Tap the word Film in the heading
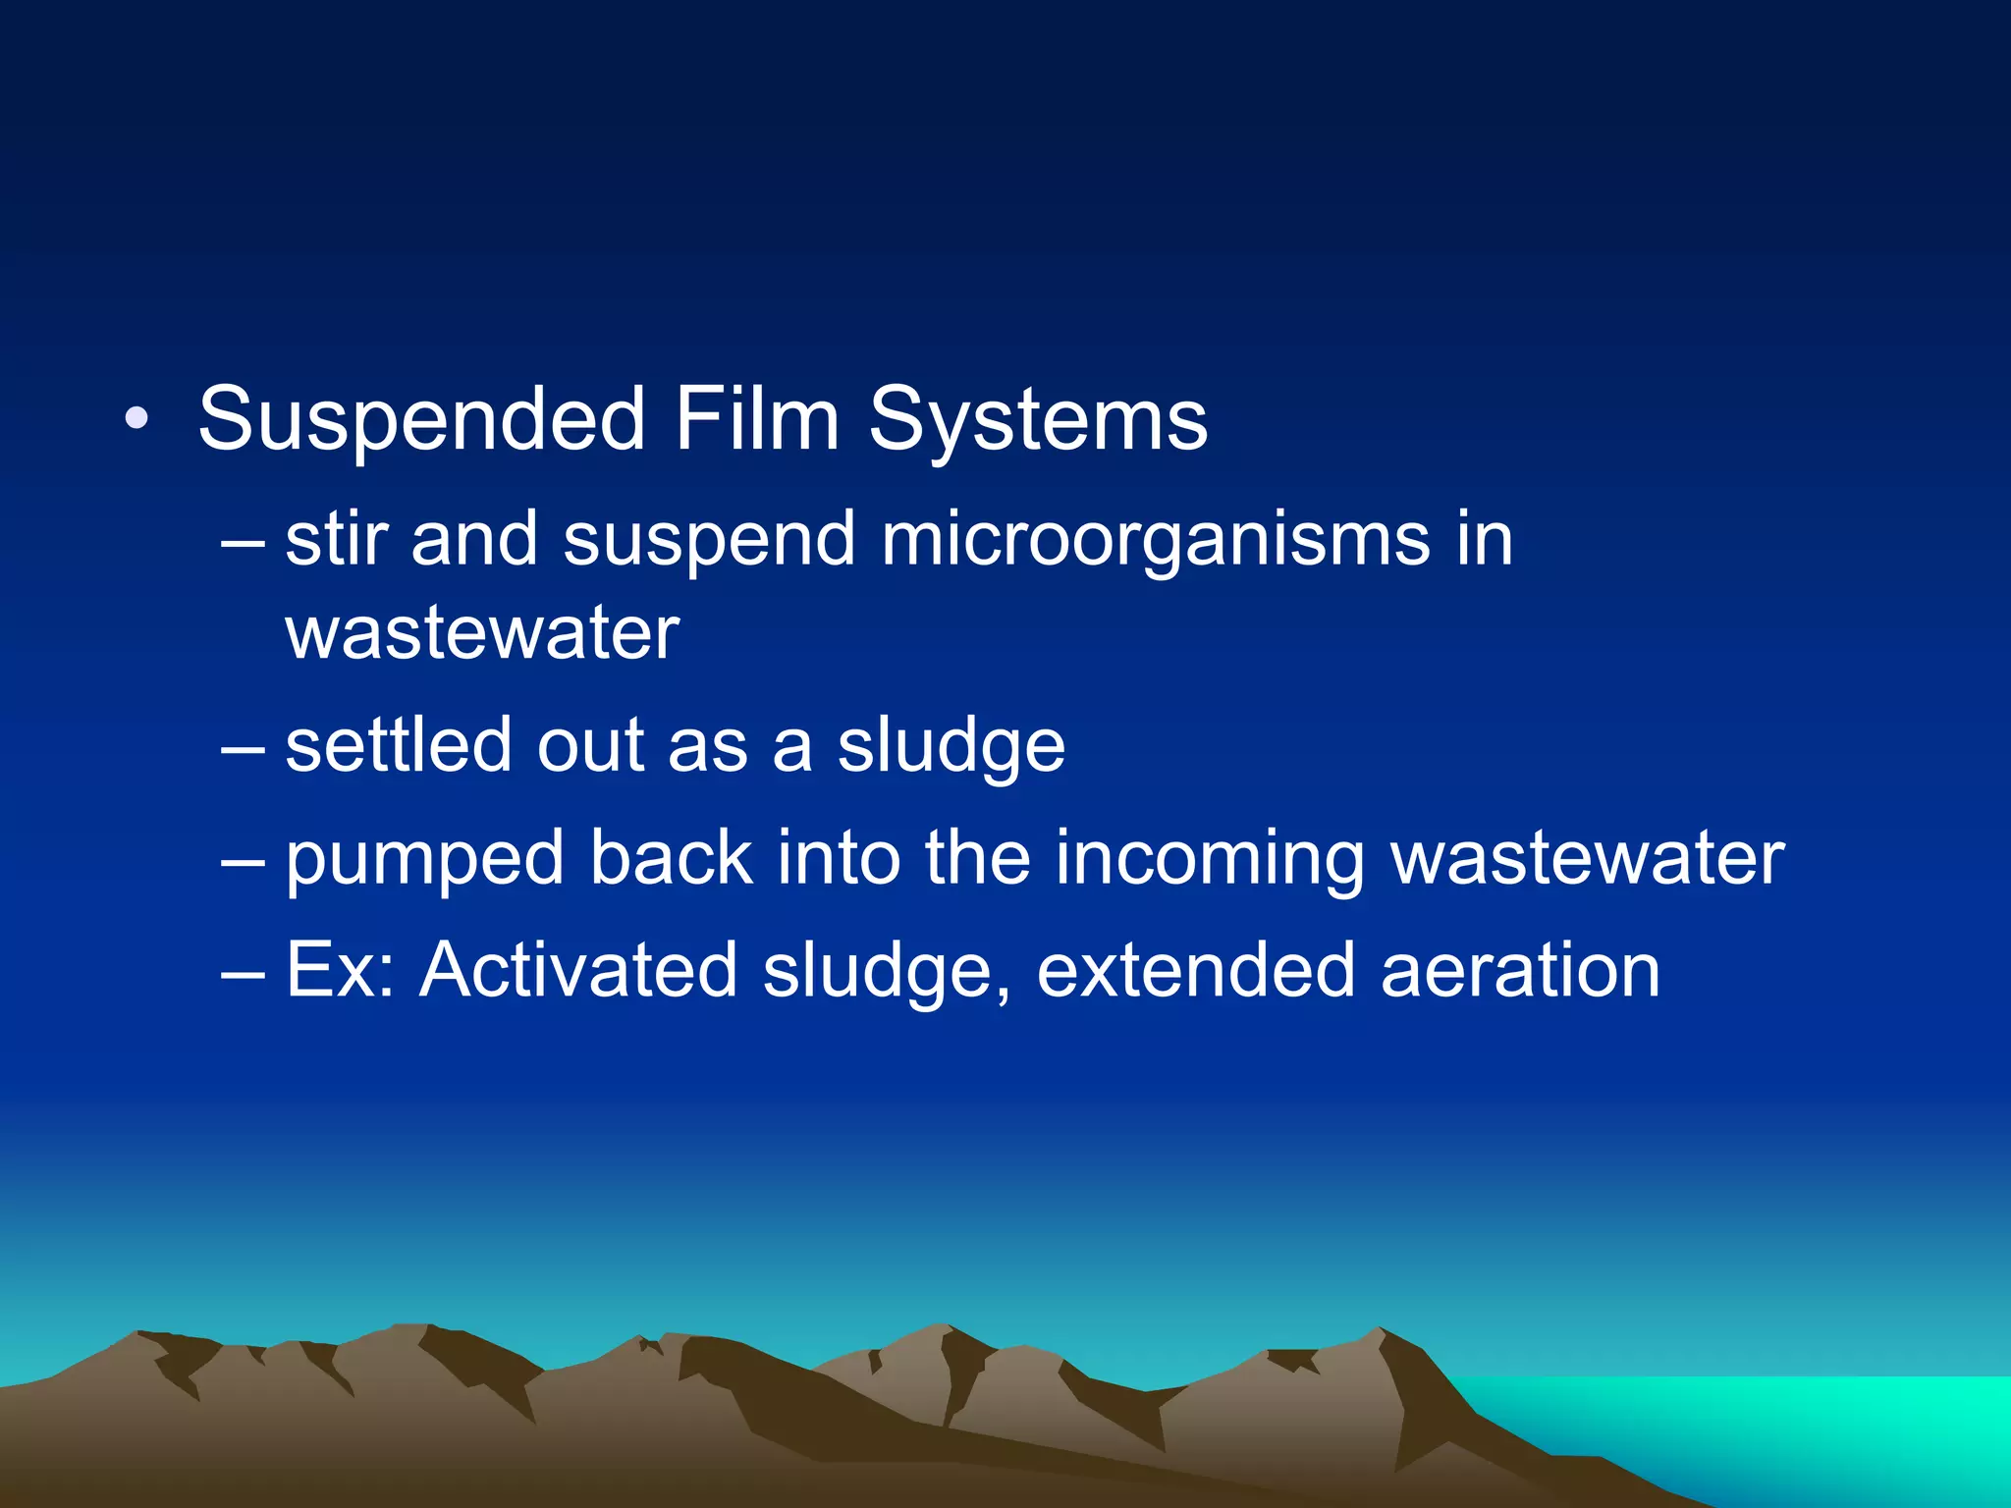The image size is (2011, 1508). coord(755,420)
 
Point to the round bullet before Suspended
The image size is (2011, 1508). coord(136,421)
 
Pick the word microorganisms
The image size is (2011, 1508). coord(1155,541)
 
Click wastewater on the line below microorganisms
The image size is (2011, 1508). coord(481,633)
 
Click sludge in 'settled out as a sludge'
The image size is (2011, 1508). coord(951,746)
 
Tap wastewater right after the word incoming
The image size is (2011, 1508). coord(1588,858)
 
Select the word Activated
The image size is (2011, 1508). coord(578,970)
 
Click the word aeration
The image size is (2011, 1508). coord(1520,970)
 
